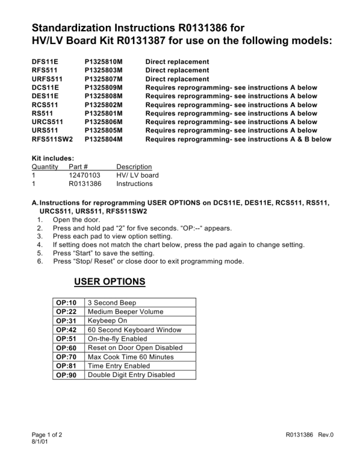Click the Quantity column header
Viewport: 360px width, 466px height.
pos(45,167)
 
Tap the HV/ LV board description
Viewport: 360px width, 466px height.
pos(137,175)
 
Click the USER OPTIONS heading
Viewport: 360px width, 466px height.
pos(109,282)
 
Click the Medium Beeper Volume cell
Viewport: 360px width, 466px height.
pos(125,312)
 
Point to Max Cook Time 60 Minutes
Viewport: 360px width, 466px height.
pos(129,357)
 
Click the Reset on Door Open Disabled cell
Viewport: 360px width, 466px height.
pos(135,348)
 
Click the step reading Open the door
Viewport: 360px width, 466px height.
pos(78,219)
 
